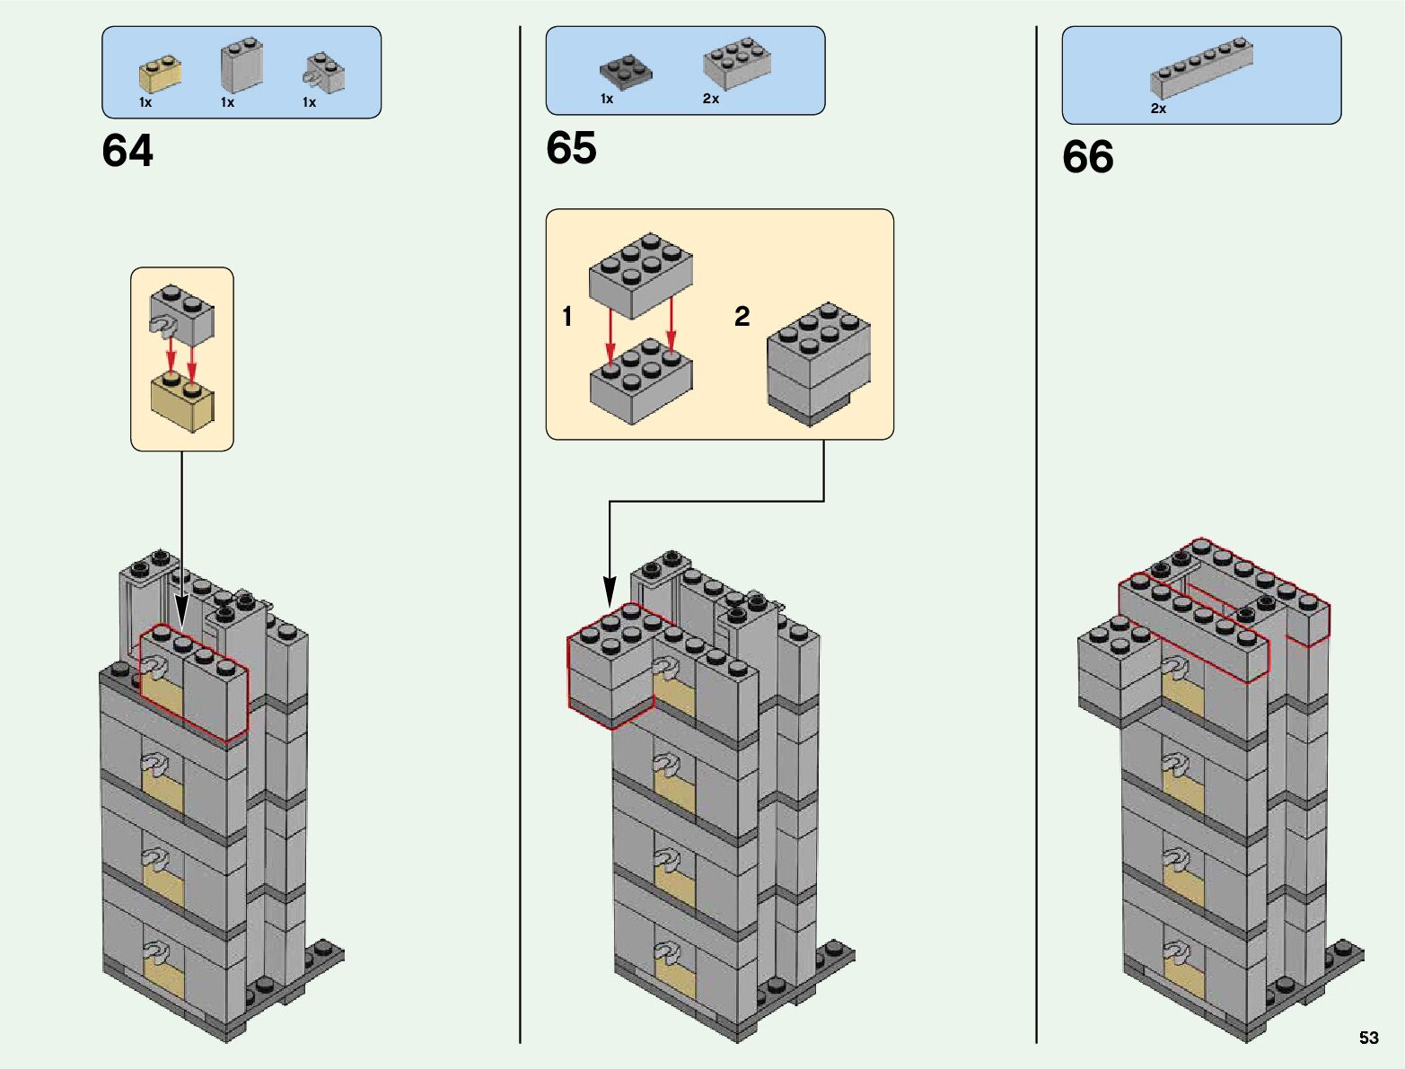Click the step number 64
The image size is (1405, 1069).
tap(127, 151)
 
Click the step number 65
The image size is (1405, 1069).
tap(571, 148)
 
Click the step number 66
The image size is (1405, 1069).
tap(1087, 157)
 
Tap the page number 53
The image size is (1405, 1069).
tap(1368, 1038)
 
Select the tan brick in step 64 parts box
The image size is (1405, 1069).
tap(160, 75)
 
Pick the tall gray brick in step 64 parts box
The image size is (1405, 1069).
tap(241, 65)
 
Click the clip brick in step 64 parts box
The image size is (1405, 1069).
tap(324, 73)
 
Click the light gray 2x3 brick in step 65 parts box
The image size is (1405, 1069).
tap(737, 64)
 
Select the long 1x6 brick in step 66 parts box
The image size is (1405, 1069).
tap(1201, 67)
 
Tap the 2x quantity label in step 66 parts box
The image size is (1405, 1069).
tap(1158, 109)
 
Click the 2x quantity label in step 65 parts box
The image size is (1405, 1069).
tap(710, 99)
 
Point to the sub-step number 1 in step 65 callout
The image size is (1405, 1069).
tap(566, 316)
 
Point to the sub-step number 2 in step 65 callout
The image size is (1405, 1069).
tap(742, 316)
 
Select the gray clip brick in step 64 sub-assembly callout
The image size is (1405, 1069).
tap(182, 316)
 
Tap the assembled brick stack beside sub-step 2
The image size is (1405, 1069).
tap(818, 364)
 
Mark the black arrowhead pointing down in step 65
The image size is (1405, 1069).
tap(610, 593)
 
